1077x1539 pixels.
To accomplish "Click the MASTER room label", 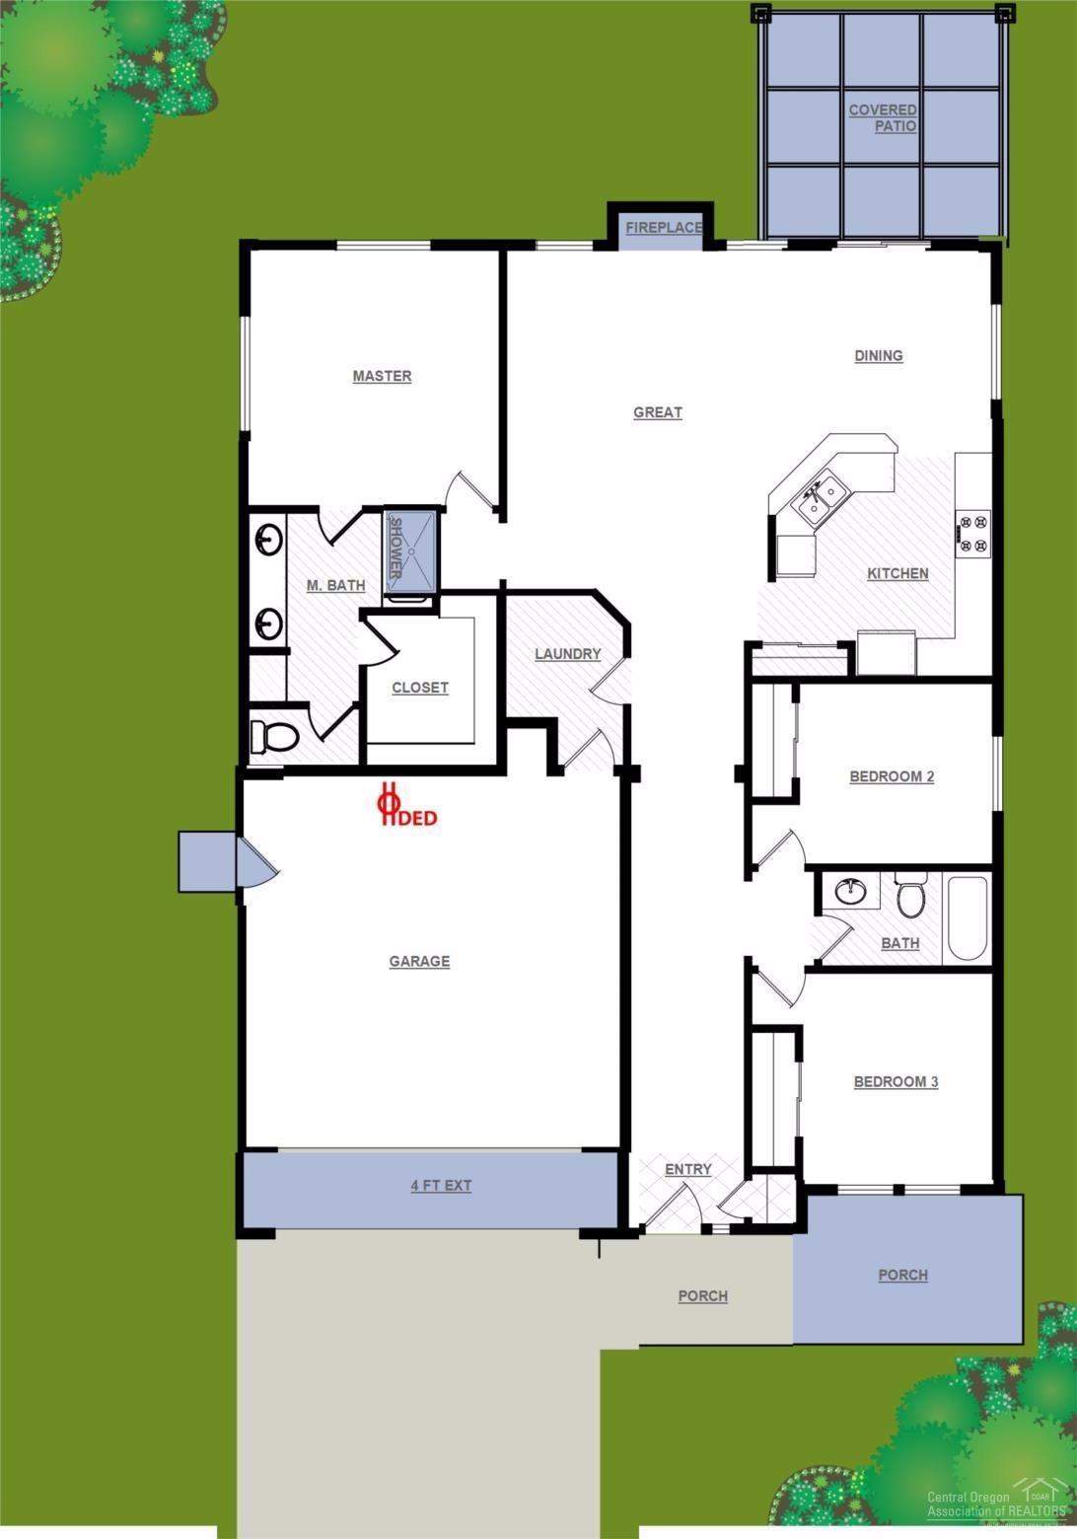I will [382, 376].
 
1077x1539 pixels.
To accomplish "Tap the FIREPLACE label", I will [664, 228].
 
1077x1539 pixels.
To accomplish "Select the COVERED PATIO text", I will [883, 118].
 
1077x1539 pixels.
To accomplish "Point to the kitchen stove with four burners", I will [974, 533].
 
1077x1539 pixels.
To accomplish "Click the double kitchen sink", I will [820, 497].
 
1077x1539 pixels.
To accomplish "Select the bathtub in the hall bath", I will [968, 918].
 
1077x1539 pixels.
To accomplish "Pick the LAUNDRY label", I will [567, 654].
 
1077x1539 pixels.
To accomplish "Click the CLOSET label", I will [420, 688].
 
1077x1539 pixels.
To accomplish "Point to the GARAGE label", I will [419, 961].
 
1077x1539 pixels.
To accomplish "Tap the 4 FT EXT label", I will [441, 1185].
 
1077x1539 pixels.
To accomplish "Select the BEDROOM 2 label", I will [892, 776].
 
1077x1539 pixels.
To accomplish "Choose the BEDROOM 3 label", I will [896, 1082].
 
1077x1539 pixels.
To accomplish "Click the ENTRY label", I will [687, 1170].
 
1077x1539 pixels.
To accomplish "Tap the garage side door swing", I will [258, 862].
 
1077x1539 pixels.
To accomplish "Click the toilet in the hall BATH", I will [909, 896].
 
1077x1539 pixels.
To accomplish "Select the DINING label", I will [878, 356].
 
